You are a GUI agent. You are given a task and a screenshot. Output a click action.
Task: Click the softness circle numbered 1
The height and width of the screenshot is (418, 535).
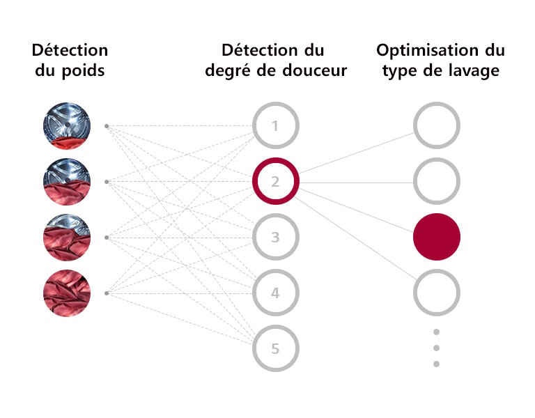tap(275, 126)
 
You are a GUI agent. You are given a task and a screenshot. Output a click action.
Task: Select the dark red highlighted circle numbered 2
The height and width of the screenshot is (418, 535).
tap(275, 182)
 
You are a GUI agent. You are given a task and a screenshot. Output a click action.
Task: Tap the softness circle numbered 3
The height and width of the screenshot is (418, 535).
tap(275, 238)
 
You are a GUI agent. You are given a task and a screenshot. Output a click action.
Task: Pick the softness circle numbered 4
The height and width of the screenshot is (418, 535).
tap(275, 293)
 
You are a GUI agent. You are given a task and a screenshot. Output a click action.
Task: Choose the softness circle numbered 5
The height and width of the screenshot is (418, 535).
tap(275, 348)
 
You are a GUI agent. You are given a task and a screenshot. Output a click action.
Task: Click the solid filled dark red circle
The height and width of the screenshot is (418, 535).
tap(437, 237)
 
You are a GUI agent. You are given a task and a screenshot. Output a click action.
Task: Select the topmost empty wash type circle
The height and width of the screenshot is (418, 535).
tap(437, 126)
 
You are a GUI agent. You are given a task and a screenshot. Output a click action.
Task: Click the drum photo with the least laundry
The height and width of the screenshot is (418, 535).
tap(66, 126)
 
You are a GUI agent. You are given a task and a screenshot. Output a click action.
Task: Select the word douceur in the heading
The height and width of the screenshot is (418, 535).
tap(313, 71)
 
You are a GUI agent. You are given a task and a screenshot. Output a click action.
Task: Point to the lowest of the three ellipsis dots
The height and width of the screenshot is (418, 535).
tap(437, 364)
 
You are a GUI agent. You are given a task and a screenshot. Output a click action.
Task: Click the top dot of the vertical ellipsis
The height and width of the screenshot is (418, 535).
tap(437, 332)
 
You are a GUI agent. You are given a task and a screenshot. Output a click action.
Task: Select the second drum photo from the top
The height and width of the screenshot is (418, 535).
tap(66, 182)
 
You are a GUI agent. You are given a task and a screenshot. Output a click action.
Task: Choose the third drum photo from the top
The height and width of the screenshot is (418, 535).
tap(66, 237)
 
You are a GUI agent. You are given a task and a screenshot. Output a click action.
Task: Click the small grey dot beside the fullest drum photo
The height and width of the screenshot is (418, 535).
tap(106, 293)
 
